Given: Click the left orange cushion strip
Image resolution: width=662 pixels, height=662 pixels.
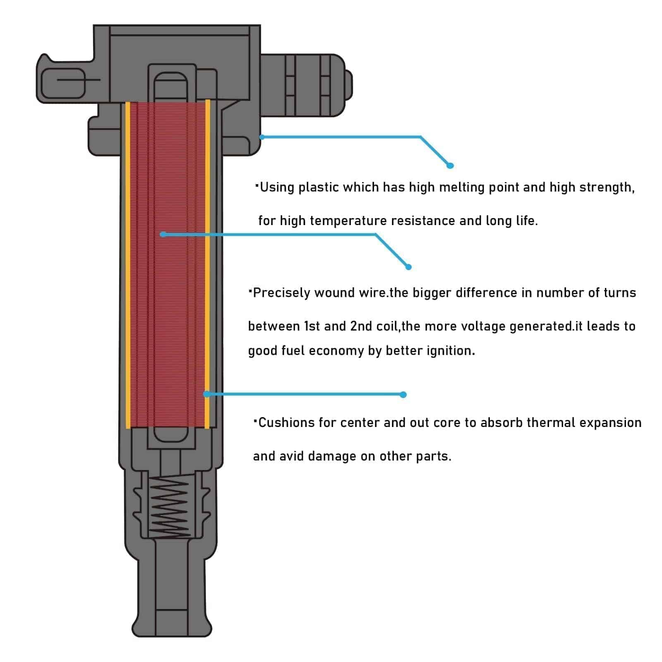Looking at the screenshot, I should click(128, 265).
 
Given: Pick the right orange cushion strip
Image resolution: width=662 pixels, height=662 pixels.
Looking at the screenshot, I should click(208, 265).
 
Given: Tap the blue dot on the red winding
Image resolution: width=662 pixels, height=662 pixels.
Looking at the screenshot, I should click(163, 234).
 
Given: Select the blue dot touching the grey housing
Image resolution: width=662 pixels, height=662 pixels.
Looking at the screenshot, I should click(261, 137).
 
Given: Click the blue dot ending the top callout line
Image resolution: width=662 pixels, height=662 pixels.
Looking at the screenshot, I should click(450, 165).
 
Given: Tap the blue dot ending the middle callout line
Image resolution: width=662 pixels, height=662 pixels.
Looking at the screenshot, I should click(408, 267).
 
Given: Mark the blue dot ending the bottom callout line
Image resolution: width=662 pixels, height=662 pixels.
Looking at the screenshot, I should click(403, 395).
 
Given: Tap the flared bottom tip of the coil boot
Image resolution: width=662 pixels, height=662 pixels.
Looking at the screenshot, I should click(172, 627).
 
